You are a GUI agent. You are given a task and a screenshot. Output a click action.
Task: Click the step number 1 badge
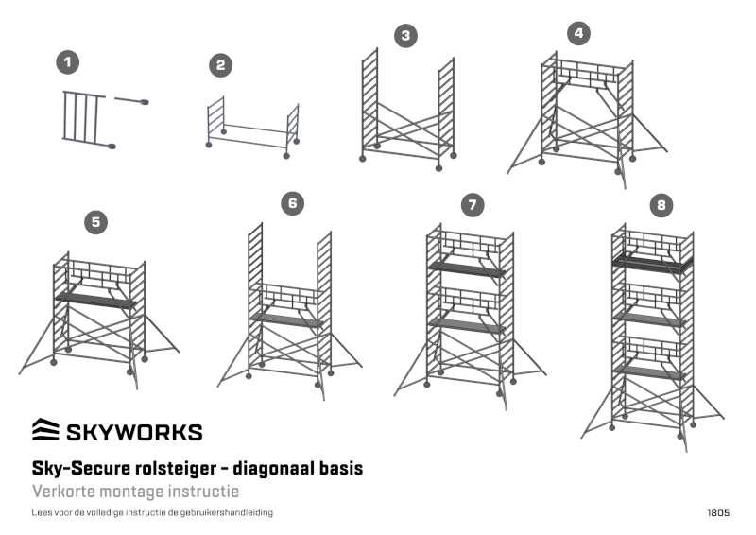coord(67,62)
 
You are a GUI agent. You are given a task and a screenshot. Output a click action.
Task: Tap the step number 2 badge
coord(220,64)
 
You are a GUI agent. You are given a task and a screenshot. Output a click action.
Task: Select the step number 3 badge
coord(405,36)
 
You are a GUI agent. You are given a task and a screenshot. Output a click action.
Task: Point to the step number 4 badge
coord(578,33)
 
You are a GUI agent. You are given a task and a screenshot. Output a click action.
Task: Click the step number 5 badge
coord(95,222)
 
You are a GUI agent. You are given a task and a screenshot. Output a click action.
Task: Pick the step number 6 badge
coord(294,203)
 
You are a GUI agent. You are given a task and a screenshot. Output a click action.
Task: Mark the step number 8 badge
coord(661,204)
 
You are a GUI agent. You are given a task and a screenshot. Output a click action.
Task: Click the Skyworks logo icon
coord(44,431)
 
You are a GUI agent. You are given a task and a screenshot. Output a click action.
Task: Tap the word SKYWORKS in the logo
coord(133,433)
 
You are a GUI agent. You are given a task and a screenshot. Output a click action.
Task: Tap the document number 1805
coord(717,513)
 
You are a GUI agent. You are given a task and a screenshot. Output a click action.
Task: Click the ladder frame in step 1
coord(83,116)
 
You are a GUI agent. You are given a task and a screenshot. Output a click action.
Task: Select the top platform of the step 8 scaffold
coord(652,261)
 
